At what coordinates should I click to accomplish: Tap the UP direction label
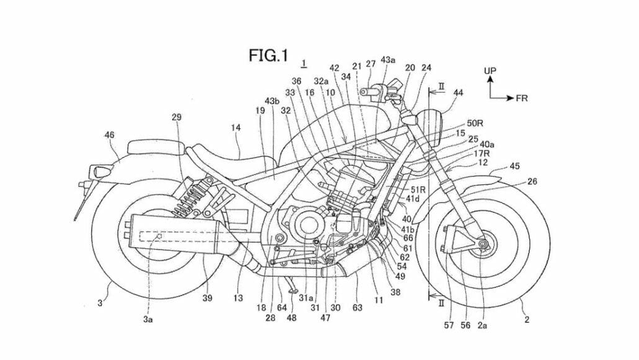pyautogui.click(x=490, y=71)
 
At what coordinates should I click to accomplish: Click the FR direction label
pyautogui.click(x=522, y=98)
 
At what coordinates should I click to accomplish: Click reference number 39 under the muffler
pyautogui.click(x=207, y=299)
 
